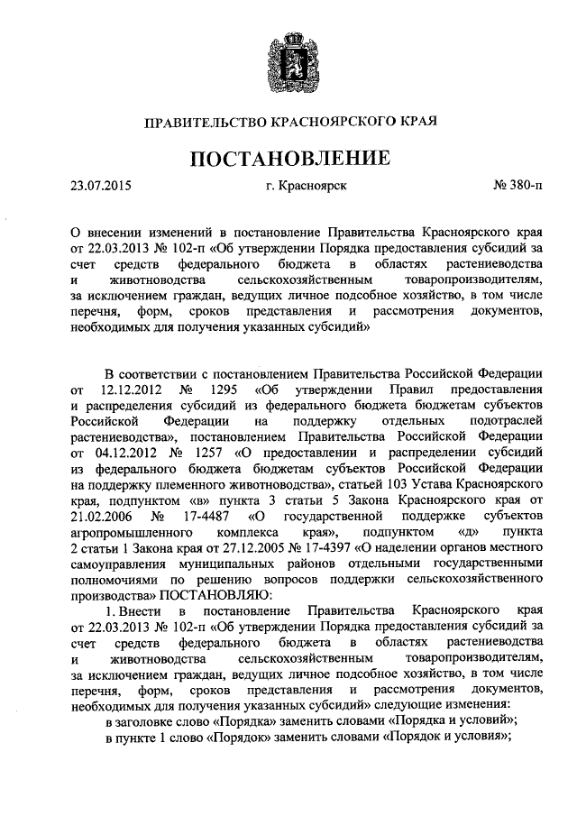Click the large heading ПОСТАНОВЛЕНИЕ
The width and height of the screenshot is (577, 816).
(x=288, y=159)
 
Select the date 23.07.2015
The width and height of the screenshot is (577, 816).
(x=100, y=188)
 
